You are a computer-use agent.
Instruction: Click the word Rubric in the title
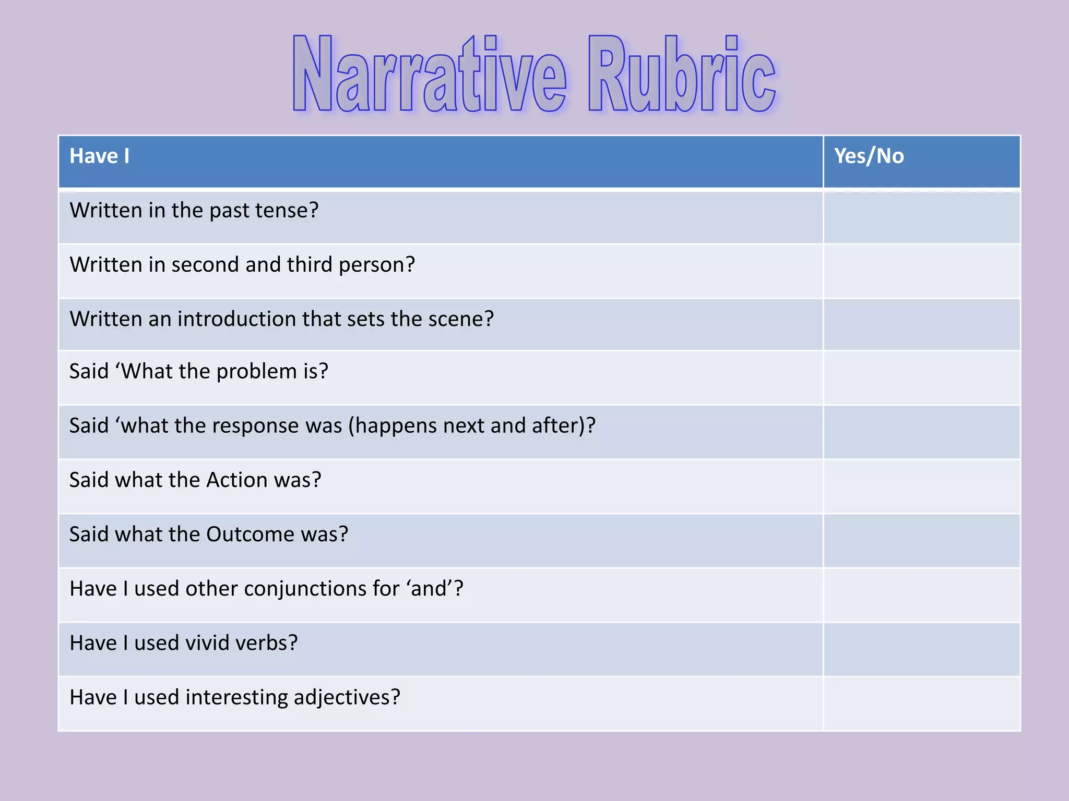click(682, 75)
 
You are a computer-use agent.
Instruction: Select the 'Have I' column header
click(100, 156)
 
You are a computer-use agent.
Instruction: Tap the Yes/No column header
click(869, 156)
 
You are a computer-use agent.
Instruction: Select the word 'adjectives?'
click(347, 698)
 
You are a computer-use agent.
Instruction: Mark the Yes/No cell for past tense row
click(922, 217)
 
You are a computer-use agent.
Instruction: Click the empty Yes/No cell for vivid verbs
click(922, 649)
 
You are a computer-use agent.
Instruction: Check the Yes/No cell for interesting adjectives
click(922, 703)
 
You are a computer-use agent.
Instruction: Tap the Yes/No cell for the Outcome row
click(922, 541)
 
